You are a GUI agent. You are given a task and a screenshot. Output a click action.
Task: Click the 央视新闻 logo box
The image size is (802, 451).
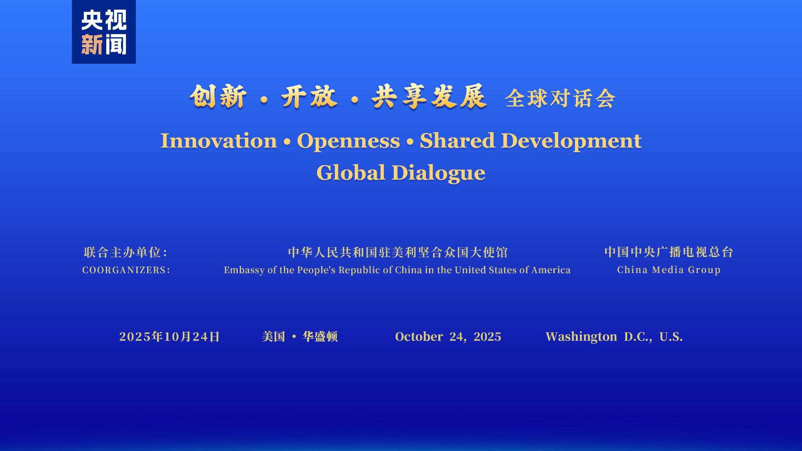point(104,32)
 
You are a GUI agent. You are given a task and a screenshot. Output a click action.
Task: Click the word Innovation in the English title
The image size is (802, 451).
point(219,141)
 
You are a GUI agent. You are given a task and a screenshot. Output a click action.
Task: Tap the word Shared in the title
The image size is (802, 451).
point(457,140)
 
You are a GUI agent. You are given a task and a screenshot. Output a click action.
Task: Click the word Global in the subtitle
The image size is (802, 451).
point(351,173)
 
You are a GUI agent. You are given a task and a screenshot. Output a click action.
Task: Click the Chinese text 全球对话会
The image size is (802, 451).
point(560,98)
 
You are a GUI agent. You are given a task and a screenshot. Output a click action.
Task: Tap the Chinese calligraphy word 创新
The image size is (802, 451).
point(218,97)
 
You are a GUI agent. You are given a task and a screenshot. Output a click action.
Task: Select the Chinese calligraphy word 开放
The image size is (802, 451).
point(309,97)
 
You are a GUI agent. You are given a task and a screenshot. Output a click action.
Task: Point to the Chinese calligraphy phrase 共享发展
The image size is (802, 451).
point(429,97)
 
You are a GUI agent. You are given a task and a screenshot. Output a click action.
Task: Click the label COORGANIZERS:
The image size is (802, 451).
point(126,270)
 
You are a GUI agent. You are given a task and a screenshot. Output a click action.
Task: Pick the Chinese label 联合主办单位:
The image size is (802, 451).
point(126,252)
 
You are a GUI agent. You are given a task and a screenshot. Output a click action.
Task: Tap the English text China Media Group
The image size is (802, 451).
point(669,270)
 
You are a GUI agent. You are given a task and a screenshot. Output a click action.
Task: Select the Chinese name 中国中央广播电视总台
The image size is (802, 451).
point(669,252)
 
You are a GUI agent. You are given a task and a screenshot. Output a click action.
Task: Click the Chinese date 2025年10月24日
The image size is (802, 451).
point(170,336)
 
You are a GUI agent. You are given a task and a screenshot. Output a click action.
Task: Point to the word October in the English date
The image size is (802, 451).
point(419,336)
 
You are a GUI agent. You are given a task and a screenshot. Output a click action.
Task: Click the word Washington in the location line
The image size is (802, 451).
point(581,337)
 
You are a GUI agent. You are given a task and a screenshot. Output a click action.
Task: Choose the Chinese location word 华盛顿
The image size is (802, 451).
point(320,336)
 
